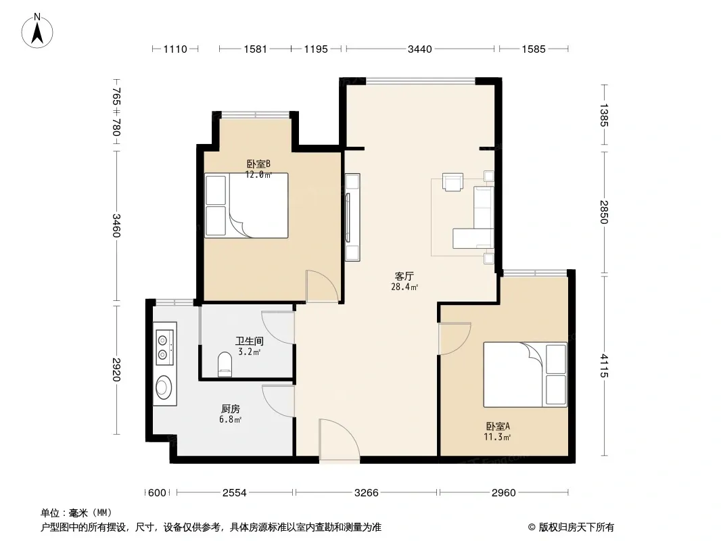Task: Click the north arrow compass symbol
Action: tap(37, 31)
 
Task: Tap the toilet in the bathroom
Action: tap(225, 364)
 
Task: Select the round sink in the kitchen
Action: tap(164, 387)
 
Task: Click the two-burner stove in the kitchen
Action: tap(164, 344)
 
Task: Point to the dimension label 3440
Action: tap(420, 49)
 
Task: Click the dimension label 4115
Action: tap(604, 366)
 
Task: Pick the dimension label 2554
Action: tap(235, 493)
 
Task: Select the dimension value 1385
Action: tap(604, 116)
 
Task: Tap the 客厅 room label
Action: tap(404, 276)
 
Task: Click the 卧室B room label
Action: tap(258, 164)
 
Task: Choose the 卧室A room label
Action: tap(498, 427)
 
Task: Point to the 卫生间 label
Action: tap(250, 341)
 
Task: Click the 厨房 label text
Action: tap(231, 408)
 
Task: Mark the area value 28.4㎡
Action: tap(404, 287)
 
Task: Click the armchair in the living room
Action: tap(452, 181)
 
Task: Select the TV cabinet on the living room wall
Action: tap(352, 217)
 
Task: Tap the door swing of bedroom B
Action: tap(323, 286)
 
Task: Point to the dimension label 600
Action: tap(157, 493)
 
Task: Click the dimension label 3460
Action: tap(116, 226)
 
